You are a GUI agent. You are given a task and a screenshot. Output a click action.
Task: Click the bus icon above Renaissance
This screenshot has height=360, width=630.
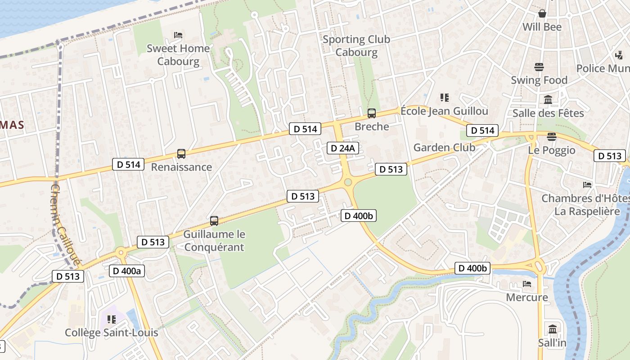181,154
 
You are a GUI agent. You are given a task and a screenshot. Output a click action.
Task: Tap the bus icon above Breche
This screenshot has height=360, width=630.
371,113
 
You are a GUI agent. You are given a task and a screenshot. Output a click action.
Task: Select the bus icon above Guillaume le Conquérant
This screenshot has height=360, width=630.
214,221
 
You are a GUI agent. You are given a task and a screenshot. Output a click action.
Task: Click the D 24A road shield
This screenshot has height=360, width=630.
342,148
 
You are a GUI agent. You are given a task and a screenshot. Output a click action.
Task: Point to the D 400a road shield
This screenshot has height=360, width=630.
126,271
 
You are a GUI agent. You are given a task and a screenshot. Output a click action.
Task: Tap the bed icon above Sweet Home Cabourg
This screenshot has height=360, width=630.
178,35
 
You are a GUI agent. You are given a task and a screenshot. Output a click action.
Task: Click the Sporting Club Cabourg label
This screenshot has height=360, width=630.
356,45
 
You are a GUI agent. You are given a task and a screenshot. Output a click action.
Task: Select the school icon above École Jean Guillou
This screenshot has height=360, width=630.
445,98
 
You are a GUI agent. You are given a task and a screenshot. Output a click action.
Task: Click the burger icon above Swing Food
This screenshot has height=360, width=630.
539,67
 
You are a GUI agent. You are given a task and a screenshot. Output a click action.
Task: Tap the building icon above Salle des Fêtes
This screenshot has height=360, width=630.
548,99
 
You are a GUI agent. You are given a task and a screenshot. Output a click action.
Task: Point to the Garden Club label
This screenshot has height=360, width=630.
444,148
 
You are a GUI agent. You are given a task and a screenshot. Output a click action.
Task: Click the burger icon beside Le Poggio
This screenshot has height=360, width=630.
552,136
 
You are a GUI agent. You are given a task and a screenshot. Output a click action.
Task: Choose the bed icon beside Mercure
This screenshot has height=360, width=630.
527,284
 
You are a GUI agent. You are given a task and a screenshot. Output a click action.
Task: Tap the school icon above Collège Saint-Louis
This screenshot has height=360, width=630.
111,319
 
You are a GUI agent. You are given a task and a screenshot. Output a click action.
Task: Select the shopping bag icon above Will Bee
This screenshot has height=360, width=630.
542,13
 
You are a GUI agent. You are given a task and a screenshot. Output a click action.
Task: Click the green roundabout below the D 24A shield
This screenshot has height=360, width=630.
347,182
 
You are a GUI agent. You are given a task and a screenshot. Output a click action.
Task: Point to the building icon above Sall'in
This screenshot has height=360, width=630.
553,329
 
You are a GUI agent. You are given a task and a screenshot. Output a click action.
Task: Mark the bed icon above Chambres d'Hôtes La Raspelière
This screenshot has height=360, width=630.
587,184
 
